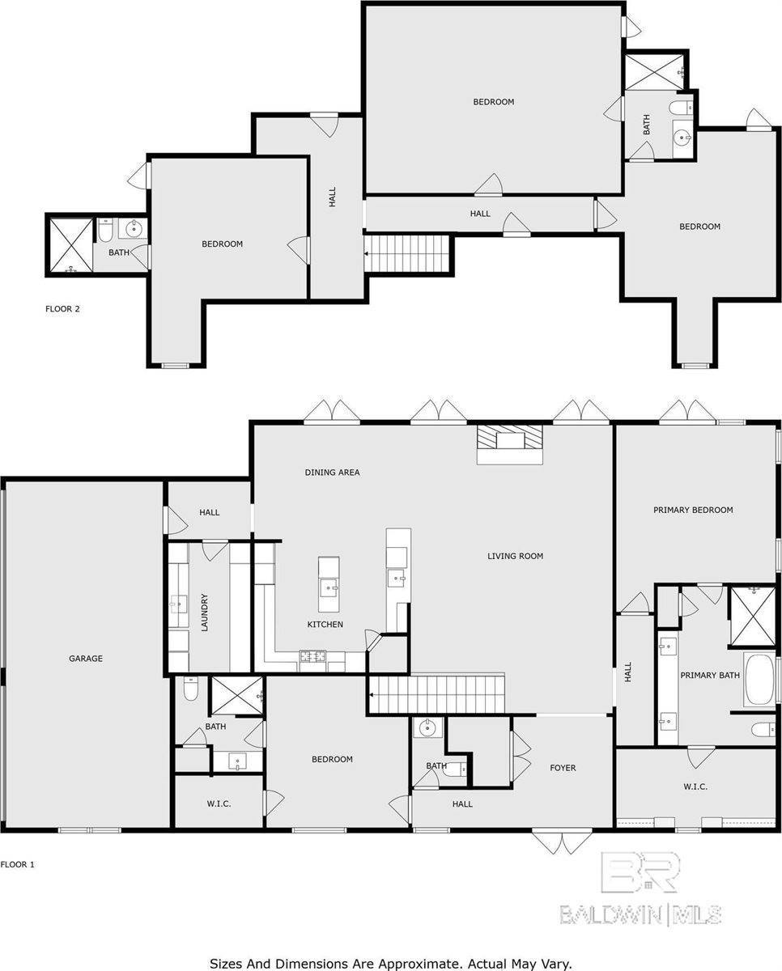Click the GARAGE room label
click(x=86, y=659)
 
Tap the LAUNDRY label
click(x=204, y=613)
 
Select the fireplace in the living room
click(x=510, y=444)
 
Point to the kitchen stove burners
click(x=312, y=655)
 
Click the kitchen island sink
click(x=329, y=588)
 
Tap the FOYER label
click(x=563, y=768)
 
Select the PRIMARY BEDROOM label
click(x=693, y=510)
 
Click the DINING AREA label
click(x=332, y=473)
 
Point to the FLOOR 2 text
click(x=62, y=309)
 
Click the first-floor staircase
click(x=437, y=694)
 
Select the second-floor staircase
click(x=407, y=253)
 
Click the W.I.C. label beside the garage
click(x=219, y=804)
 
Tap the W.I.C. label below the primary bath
click(x=695, y=787)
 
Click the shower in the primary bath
click(x=752, y=617)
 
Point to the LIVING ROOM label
click(x=515, y=556)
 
